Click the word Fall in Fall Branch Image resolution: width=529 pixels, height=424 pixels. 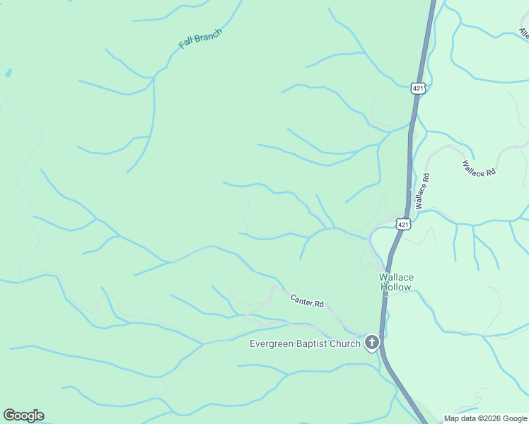pos(187,42)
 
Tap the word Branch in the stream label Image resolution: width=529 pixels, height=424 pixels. pos(209,34)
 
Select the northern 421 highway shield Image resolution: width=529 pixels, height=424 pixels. pos(418,88)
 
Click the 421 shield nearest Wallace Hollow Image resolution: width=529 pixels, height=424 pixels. pos(402,224)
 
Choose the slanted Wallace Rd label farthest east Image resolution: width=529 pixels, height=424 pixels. pos(479,168)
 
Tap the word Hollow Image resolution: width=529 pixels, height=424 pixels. pos(396,287)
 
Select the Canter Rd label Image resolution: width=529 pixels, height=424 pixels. pos(307,300)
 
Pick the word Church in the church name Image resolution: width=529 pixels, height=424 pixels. pos(345,344)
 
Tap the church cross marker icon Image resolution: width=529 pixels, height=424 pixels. pos(372,344)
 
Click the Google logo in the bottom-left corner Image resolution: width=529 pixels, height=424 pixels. pos(23,416)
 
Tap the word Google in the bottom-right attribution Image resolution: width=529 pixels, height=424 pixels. pos(514,418)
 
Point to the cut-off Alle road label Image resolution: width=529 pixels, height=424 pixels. pos(524,33)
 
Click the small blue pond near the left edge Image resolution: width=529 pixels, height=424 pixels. pos(8,72)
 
